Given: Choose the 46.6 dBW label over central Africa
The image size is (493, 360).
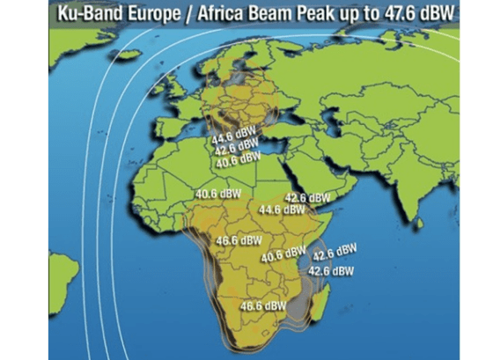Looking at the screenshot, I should [239, 239].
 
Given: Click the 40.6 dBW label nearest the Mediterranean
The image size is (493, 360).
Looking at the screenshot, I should [238, 160].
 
